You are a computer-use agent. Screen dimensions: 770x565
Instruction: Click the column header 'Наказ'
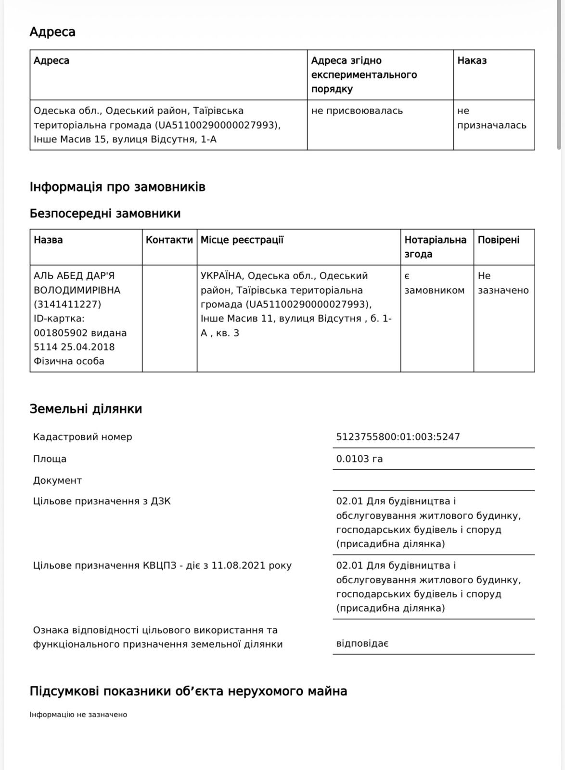(472, 61)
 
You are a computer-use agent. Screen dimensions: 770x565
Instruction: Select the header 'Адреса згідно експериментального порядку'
(364, 75)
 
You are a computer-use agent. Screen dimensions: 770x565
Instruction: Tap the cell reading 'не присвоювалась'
(357, 111)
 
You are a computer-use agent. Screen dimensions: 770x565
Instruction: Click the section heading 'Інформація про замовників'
(117, 187)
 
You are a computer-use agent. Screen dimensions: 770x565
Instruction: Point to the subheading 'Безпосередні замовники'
(105, 213)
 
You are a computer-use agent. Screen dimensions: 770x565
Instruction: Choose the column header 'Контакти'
(169, 240)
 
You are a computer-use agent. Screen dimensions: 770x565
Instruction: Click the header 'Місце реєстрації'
(242, 240)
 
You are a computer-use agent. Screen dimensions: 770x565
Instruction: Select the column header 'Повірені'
(499, 240)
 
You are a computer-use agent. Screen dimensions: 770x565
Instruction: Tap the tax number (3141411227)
(67, 304)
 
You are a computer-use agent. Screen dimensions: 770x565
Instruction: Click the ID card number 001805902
(56, 333)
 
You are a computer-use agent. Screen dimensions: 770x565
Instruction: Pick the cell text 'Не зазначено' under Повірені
(503, 283)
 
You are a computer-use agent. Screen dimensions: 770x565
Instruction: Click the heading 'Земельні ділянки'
(86, 409)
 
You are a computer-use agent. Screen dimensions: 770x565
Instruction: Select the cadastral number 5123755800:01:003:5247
(398, 437)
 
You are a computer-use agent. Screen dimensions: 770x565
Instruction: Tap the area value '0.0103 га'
(360, 459)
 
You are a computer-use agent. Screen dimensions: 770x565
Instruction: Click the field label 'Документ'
(57, 480)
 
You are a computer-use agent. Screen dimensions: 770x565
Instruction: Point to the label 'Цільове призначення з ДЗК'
(102, 501)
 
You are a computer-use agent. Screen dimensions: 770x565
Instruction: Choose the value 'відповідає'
(362, 643)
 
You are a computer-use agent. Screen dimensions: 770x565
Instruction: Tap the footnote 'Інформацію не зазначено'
(78, 715)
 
